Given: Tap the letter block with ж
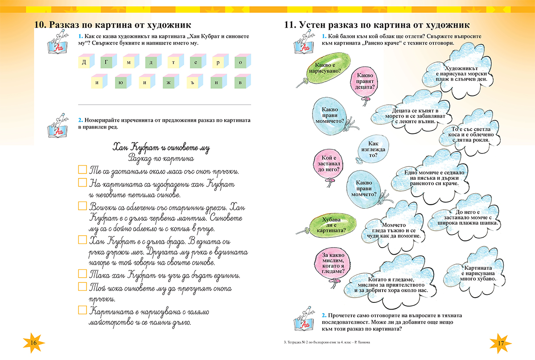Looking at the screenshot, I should click(169, 83).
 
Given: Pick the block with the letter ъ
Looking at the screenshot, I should click(193, 83).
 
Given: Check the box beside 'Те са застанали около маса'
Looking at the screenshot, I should click(82, 170).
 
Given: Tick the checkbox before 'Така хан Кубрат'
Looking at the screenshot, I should click(82, 273).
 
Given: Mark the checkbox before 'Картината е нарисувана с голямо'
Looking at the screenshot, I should click(82, 309).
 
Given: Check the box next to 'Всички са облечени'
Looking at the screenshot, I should click(82, 206).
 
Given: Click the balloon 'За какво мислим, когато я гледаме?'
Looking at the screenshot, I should click(332, 263).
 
